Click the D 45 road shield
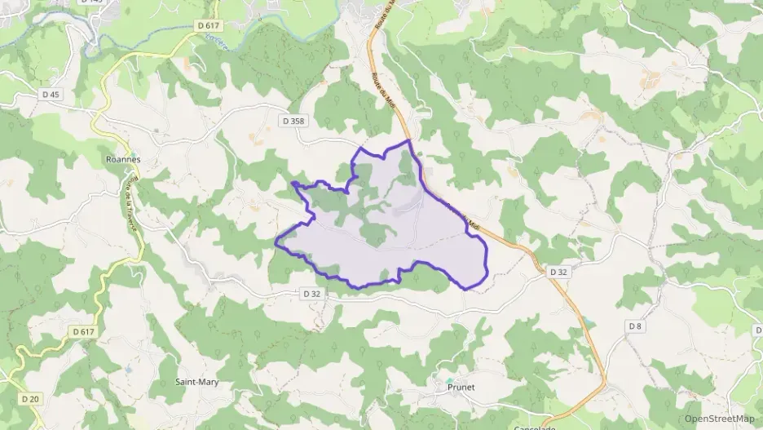click(x=51, y=95)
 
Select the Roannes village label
click(x=124, y=160)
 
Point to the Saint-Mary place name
click(x=197, y=381)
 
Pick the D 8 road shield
click(x=635, y=326)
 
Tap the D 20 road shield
click(x=30, y=399)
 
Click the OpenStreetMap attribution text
click(x=720, y=419)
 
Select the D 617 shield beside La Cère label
click(x=209, y=26)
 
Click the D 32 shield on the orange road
click(x=558, y=271)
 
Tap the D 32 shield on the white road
click(x=312, y=293)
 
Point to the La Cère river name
click(x=215, y=40)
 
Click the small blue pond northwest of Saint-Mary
click(x=129, y=369)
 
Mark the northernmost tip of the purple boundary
click(x=408, y=140)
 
